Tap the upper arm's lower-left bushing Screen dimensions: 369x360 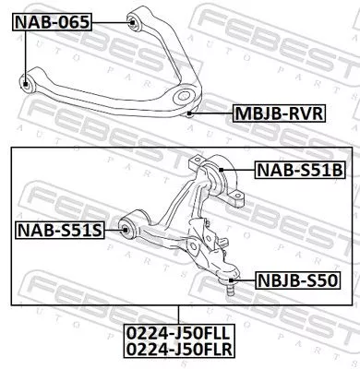(29, 84)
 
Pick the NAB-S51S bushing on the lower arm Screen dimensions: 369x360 (129, 227)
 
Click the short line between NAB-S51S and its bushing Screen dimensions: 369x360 (114, 228)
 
